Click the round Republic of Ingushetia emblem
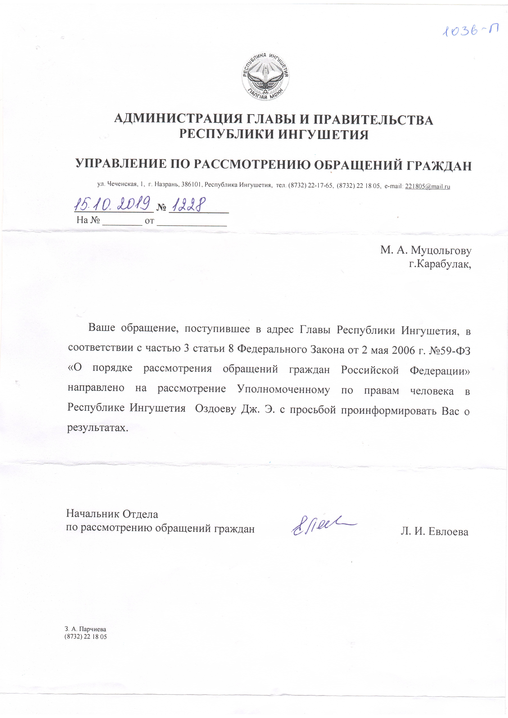[265, 77]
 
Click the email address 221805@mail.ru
[428, 186]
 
